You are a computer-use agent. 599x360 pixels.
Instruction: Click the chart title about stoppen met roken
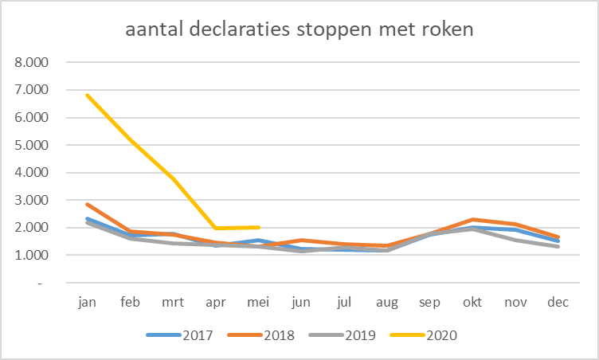[x=300, y=31]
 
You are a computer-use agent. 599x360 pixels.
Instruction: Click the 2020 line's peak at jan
[x=88, y=96]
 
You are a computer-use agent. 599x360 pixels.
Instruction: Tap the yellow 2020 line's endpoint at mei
[x=258, y=227]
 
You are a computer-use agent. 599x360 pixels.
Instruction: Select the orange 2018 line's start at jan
[x=88, y=204]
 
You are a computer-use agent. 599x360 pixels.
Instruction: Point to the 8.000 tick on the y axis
[x=33, y=62]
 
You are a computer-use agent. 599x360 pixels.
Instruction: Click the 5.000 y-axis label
[x=33, y=145]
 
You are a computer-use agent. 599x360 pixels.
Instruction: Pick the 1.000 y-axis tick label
[x=33, y=255]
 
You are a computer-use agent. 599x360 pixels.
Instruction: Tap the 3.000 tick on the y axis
[x=33, y=200]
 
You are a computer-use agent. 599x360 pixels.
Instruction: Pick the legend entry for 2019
[x=348, y=335]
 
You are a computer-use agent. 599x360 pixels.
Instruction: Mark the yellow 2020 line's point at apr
[x=216, y=228]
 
